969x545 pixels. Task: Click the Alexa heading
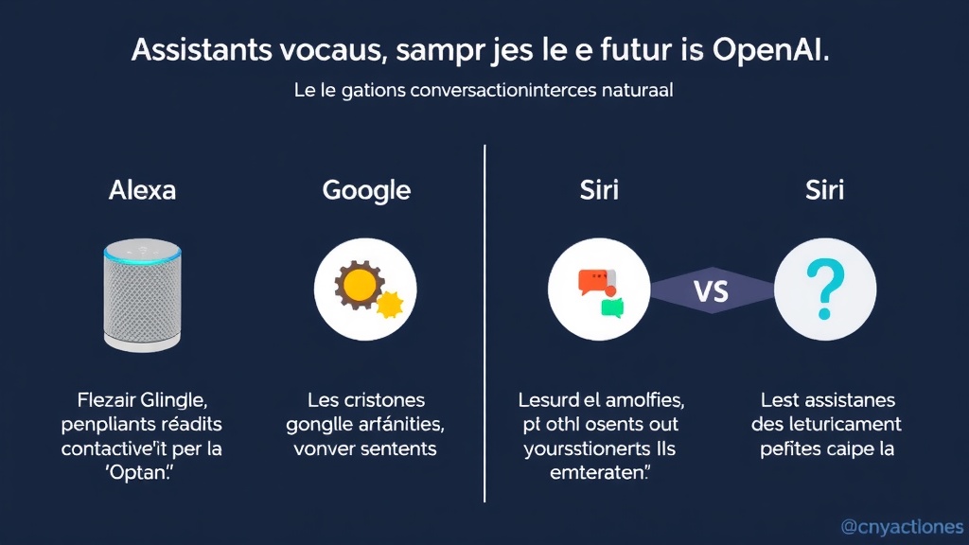(x=142, y=189)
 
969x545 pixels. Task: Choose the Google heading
(x=366, y=189)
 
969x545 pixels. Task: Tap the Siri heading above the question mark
(x=824, y=189)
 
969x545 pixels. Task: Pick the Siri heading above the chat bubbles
(x=599, y=189)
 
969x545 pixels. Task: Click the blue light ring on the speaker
(x=142, y=254)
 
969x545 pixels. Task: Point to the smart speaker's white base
(x=142, y=345)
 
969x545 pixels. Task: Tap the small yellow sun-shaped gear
(x=389, y=304)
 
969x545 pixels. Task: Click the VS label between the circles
(x=712, y=290)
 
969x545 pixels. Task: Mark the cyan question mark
(x=824, y=290)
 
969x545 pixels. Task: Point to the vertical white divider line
(x=484, y=322)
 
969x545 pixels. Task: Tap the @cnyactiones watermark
(x=902, y=527)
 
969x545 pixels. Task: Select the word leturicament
(x=848, y=424)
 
